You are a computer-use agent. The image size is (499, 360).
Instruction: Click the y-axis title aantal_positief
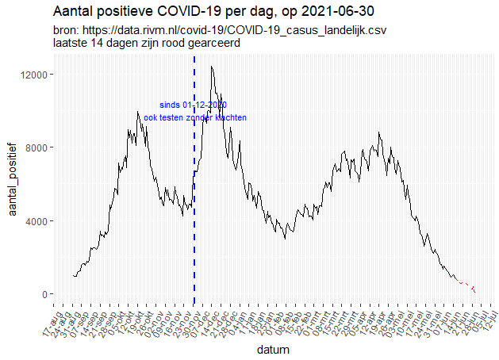pyautogui.click(x=13, y=184)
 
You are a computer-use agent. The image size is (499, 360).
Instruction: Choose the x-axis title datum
pyautogui.click(x=273, y=349)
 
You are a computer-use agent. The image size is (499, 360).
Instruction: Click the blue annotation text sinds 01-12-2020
pyautogui.click(x=194, y=105)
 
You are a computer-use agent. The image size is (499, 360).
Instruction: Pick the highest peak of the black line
pyautogui.click(x=212, y=67)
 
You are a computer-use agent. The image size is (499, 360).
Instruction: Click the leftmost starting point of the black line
pyautogui.click(x=73, y=276)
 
